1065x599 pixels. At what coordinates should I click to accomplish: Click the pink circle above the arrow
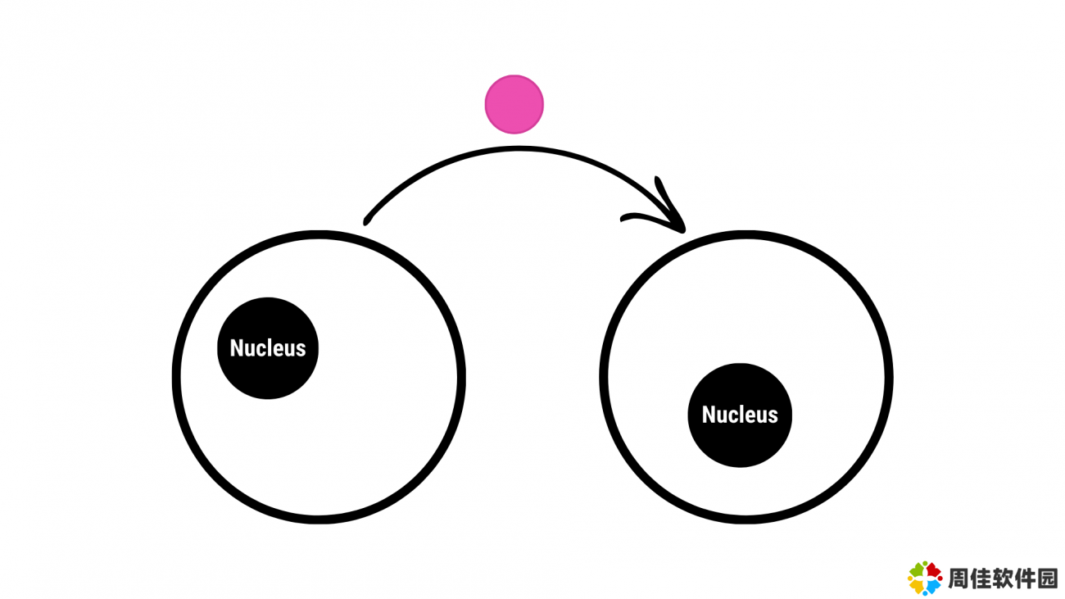click(x=514, y=104)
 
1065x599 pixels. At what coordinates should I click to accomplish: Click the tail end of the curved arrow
click(x=365, y=222)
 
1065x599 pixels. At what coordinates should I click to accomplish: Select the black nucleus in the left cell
click(x=268, y=348)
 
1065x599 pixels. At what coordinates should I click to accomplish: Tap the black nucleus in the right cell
click(x=740, y=415)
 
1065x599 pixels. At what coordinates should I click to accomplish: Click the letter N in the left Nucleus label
click(x=237, y=348)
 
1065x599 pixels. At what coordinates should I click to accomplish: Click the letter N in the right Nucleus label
click(x=709, y=415)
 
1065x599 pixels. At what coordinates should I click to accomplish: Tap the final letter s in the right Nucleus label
click(x=773, y=417)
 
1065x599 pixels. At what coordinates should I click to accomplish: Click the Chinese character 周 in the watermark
click(x=958, y=579)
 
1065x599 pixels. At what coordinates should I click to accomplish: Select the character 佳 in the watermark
click(x=980, y=579)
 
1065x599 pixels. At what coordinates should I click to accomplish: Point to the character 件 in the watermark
click(x=1024, y=579)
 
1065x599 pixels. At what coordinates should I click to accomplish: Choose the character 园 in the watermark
click(x=1046, y=579)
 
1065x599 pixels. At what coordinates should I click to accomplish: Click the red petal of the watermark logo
click(x=933, y=570)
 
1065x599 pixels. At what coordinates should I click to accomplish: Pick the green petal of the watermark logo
click(x=917, y=571)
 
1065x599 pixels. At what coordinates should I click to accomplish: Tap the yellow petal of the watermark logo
click(x=918, y=587)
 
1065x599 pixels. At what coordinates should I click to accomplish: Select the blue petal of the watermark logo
click(x=933, y=586)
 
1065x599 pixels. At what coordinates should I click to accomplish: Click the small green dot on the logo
click(x=925, y=564)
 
